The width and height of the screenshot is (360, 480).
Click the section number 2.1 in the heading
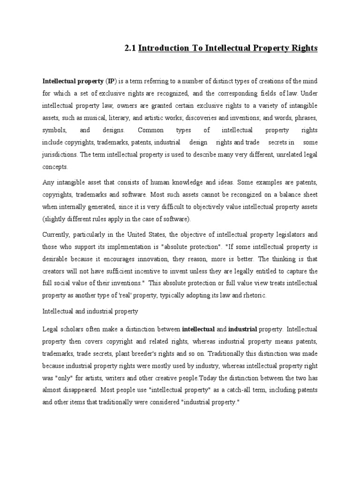pyautogui.click(x=130, y=48)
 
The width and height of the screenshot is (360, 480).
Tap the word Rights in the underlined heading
pyautogui.click(x=304, y=48)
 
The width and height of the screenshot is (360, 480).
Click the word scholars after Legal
pyautogui.click(x=73, y=329)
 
